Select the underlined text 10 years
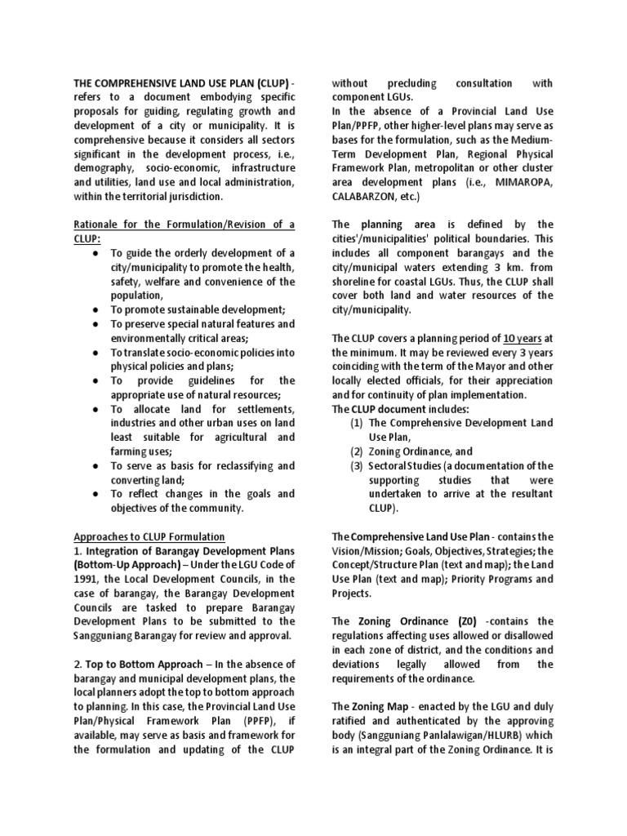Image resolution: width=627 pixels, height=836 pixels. (x=522, y=338)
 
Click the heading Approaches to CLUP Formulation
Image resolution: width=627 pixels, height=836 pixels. (x=149, y=536)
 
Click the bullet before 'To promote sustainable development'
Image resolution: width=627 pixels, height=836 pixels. (x=96, y=309)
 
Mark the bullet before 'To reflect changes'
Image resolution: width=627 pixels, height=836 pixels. (x=96, y=494)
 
